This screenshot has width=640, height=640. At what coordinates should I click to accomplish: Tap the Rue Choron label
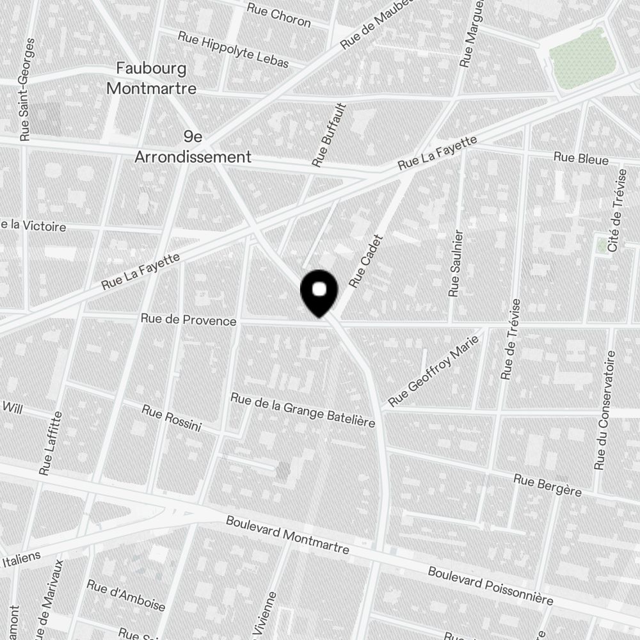click(x=279, y=15)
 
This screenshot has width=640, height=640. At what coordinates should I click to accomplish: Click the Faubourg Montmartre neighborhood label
click(x=151, y=78)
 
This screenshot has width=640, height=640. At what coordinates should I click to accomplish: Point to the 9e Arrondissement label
click(x=193, y=147)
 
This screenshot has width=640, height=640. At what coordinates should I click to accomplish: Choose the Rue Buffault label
click(x=329, y=135)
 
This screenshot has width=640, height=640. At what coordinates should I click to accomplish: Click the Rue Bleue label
click(x=580, y=158)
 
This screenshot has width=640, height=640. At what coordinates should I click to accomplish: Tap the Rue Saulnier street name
click(x=456, y=262)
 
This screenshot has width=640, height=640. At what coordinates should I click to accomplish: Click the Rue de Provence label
click(x=188, y=320)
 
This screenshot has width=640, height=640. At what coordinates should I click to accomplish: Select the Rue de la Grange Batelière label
click(x=302, y=410)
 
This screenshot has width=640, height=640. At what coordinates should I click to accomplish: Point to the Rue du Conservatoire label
click(x=605, y=410)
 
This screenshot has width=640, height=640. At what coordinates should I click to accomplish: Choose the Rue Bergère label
click(x=547, y=484)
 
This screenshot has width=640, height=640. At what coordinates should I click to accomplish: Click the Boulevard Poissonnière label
click(x=490, y=585)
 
